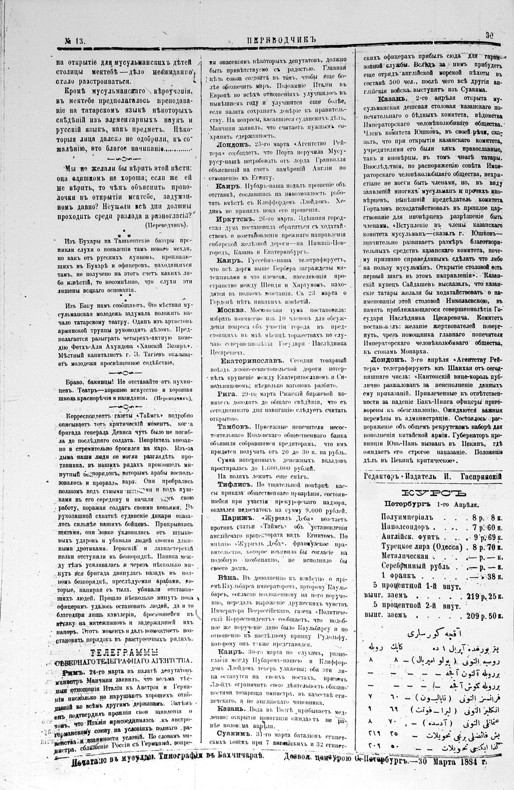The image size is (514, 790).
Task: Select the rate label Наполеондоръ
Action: (405, 527)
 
